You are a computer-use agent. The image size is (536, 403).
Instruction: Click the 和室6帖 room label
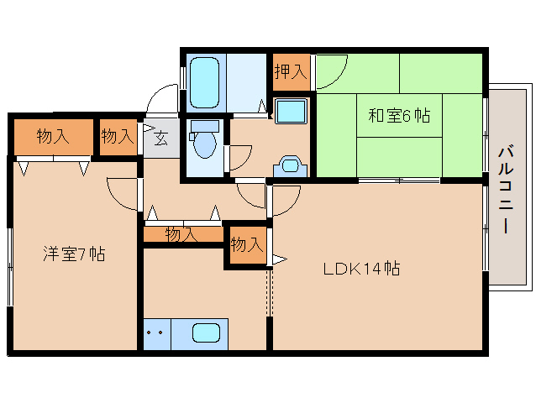[x=399, y=117]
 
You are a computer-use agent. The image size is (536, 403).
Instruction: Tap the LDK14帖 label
[x=362, y=270]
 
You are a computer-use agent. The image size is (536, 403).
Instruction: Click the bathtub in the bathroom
[x=204, y=81]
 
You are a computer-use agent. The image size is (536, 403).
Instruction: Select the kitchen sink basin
[x=206, y=333]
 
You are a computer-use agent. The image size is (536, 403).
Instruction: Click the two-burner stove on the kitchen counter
[x=155, y=333]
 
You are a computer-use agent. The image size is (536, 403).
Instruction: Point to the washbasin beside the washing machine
[x=290, y=165]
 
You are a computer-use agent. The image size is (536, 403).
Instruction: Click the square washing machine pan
[x=292, y=112]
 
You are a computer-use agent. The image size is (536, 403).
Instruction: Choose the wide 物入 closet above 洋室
[x=52, y=135]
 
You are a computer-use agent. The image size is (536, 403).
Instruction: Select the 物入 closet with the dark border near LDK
[x=247, y=245]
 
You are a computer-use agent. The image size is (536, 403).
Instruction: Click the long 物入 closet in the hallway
[x=182, y=235]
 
